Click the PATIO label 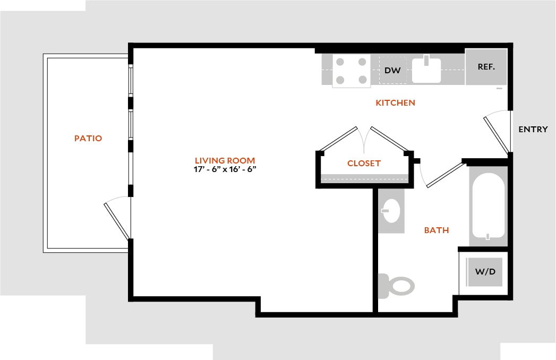coord(88,139)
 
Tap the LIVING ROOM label coord(225,161)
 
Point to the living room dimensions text coord(225,169)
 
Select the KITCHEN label coord(396,103)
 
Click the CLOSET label coord(364,164)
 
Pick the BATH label coord(437,230)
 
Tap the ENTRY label coord(533,130)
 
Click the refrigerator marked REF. coord(486,67)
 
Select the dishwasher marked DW coord(392,70)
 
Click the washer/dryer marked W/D coord(485,272)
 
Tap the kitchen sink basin coord(426,70)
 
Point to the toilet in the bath coord(397,286)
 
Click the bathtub coord(488,205)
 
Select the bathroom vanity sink coord(391,211)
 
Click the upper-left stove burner coord(340,62)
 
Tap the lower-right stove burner coord(362,80)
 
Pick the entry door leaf coord(497,136)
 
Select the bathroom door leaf coord(446,175)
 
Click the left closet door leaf coord(338,139)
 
